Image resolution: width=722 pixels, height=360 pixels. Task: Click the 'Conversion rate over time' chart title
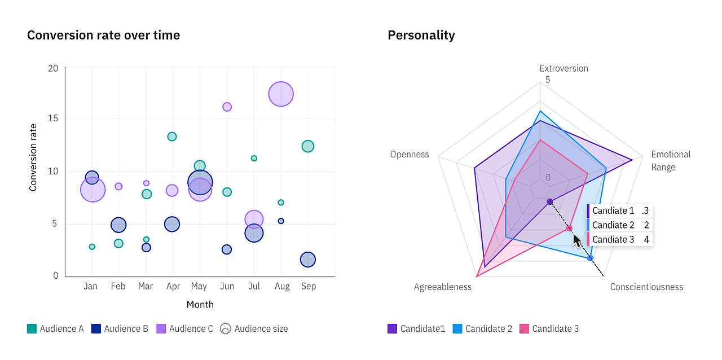(x=103, y=35)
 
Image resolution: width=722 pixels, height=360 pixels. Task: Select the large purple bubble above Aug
(x=281, y=94)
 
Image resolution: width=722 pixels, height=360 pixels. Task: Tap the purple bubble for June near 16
(x=227, y=107)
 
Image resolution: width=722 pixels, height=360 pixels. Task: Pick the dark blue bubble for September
(x=307, y=260)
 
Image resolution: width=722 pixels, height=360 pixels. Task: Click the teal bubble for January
(x=92, y=247)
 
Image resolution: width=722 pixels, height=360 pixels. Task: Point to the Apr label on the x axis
(x=173, y=287)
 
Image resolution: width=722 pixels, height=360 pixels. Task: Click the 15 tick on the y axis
(x=52, y=119)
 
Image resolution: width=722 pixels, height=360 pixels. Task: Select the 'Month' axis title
(x=200, y=305)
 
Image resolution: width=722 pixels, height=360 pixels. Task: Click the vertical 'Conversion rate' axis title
(x=33, y=157)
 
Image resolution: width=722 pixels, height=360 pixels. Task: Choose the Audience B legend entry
(x=120, y=329)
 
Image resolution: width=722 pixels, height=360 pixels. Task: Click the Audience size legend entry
(x=254, y=329)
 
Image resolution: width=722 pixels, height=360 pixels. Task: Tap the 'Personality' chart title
(x=421, y=35)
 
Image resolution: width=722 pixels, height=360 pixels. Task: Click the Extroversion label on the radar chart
(x=563, y=69)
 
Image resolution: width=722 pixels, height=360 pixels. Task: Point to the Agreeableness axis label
(x=442, y=287)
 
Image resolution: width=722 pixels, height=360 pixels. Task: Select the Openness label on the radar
(x=410, y=155)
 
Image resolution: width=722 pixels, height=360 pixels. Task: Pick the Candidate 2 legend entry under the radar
(x=483, y=329)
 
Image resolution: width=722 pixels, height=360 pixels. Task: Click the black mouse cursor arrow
(x=576, y=239)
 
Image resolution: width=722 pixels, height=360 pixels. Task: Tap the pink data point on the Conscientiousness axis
(x=569, y=229)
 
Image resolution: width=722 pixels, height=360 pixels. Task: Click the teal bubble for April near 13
(x=172, y=137)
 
